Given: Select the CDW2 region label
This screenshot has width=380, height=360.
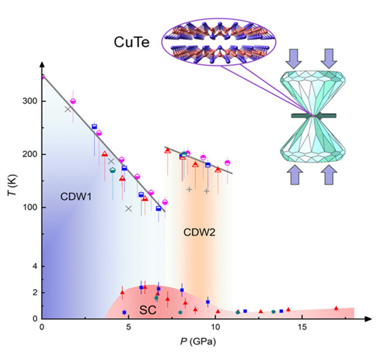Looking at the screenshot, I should pyautogui.click(x=199, y=233).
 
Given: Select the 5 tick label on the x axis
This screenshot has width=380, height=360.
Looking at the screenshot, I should pyautogui.click(x=129, y=327).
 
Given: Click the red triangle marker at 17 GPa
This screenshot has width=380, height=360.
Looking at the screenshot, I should pyautogui.click(x=336, y=309).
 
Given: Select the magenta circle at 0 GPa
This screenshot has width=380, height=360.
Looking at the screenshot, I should pyautogui.click(x=42, y=77).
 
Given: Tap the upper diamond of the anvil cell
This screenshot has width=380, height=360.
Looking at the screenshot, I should pyautogui.click(x=313, y=89).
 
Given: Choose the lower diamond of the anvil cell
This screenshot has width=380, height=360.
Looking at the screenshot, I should pyautogui.click(x=313, y=143).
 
